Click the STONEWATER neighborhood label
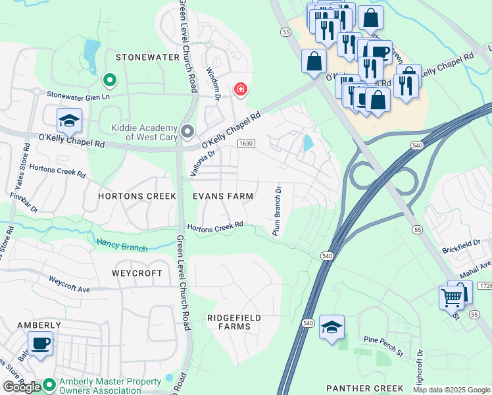(147, 57)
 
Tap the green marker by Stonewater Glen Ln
(110, 80)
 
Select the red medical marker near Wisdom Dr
(241, 89)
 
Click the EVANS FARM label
(223, 196)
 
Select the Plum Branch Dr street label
(278, 211)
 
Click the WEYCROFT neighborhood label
(137, 273)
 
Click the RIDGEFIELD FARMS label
(234, 322)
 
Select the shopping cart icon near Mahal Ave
(451, 297)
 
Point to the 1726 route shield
(485, 286)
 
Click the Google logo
(22, 386)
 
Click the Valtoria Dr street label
(203, 161)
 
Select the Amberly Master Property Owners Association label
(111, 386)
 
